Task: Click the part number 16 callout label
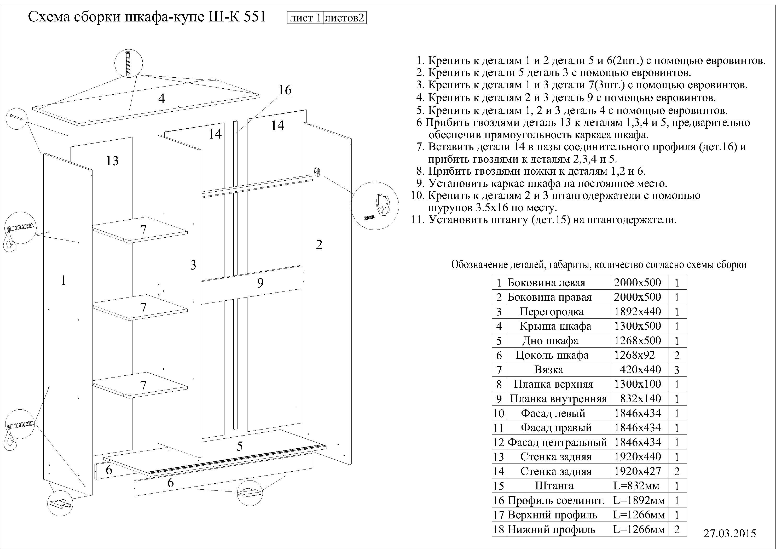pos(285,90)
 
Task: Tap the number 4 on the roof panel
pos(161,99)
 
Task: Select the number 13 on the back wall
pos(112,161)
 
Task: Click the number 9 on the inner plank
pos(260,283)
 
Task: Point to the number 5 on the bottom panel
pos(240,447)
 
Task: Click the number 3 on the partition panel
pos(193,265)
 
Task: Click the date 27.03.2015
pos(729,533)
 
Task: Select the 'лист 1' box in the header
pos(305,18)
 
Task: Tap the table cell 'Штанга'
pos(554,486)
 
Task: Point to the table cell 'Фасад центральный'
pos(557,442)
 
